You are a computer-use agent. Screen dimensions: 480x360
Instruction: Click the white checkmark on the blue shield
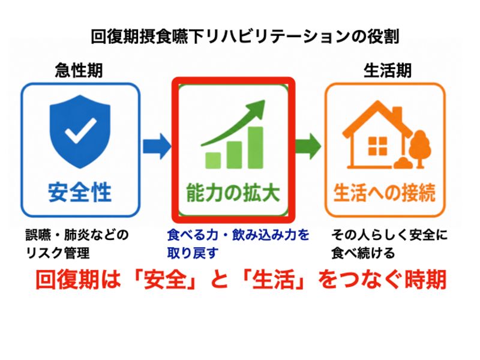[x=80, y=131]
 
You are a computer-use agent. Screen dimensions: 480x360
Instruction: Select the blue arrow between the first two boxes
[x=157, y=146]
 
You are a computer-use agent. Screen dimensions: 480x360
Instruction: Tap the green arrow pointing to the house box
[x=308, y=146]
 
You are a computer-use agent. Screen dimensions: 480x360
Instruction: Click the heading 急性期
[x=79, y=70]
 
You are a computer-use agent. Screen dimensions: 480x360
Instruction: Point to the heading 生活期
[x=388, y=70]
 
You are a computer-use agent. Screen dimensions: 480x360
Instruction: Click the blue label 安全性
[x=80, y=193]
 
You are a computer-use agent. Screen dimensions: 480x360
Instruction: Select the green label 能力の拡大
[x=233, y=193]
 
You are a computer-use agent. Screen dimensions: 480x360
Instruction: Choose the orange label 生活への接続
[x=385, y=193]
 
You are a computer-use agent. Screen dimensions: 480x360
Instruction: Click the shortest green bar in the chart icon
[x=213, y=160]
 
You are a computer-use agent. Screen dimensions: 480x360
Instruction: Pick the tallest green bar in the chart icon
[x=256, y=148]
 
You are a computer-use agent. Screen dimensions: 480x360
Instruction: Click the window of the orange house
[x=377, y=146]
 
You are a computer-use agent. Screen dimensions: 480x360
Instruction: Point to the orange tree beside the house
[x=420, y=149]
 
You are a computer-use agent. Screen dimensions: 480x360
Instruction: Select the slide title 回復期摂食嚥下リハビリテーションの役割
[x=245, y=37]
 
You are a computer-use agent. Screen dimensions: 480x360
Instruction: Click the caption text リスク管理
[x=58, y=253]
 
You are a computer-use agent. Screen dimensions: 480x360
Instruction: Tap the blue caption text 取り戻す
[x=193, y=253]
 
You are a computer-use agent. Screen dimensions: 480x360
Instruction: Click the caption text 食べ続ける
[x=363, y=253]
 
